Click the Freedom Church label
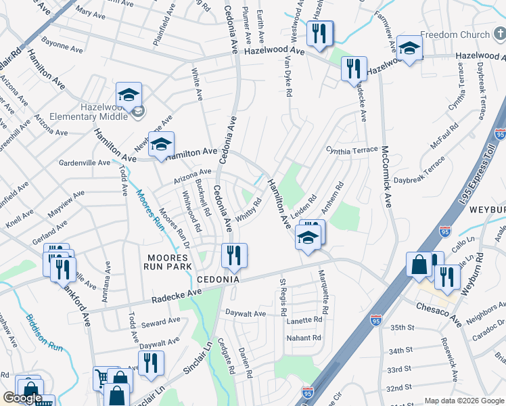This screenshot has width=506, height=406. pyautogui.click(x=455, y=35)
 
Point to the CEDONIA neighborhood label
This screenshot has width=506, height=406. pyautogui.click(x=219, y=279)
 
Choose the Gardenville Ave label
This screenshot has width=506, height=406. pyautogui.click(x=85, y=162)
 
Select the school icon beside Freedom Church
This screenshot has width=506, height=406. pyautogui.click(x=409, y=48)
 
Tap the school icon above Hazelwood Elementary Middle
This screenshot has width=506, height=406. pyautogui.click(x=129, y=95)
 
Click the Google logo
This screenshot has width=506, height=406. pyautogui.click(x=22, y=398)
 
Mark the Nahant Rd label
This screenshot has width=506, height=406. pyautogui.click(x=303, y=338)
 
